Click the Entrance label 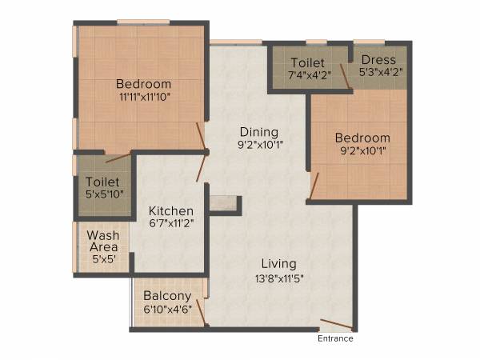(335, 338)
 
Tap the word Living (278, 263)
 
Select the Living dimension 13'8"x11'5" (278, 278)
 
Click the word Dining (258, 132)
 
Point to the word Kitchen (170, 210)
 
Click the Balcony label (167, 295)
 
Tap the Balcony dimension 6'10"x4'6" (167, 308)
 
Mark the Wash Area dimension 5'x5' (103, 260)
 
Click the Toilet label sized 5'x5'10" (102, 182)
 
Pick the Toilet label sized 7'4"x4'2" (307, 62)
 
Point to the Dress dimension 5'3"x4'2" (380, 72)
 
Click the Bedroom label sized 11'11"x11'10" (143, 83)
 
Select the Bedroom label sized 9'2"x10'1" (362, 138)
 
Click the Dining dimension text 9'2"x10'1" (258, 146)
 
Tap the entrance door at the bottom (335, 326)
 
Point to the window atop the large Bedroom (143, 22)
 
